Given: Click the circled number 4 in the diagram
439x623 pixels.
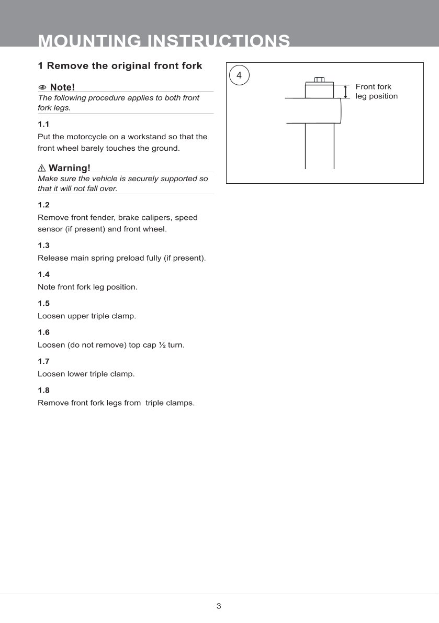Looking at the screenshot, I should point(239,75).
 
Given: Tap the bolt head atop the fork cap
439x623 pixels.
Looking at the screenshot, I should point(319,80).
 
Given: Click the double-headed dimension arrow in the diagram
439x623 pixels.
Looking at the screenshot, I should point(345,92).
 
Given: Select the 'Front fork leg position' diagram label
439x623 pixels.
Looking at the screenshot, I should point(376,92).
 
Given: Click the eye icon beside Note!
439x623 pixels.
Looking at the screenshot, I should point(42,87).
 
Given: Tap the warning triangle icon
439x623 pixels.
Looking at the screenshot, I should point(42,168).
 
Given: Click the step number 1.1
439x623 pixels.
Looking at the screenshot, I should point(43,125).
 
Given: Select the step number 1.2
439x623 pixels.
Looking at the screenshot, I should point(43,205).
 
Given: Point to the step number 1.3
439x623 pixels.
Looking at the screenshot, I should point(43,246).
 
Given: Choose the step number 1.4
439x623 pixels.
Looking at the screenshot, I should point(43,274).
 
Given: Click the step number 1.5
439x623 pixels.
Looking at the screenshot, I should point(43,304).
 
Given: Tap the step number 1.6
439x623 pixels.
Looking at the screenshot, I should point(43,332).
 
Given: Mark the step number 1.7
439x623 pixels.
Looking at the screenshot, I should point(43,361).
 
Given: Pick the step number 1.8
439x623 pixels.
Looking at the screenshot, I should point(43,391).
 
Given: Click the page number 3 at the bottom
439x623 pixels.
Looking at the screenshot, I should point(219,606).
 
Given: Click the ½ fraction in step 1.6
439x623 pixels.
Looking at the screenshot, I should point(162,346).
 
